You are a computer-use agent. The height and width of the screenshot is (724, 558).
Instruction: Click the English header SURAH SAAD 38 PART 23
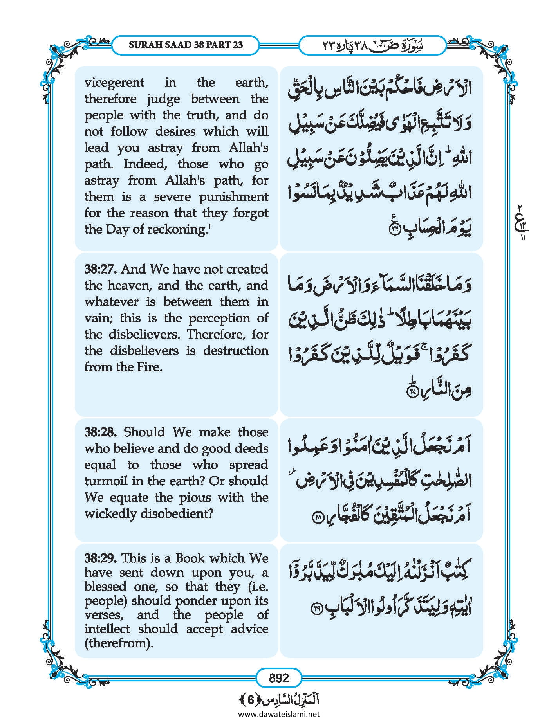pos(186,45)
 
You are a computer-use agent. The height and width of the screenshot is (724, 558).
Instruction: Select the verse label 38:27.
pos(101,269)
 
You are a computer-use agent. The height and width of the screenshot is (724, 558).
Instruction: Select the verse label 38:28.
pos(101,432)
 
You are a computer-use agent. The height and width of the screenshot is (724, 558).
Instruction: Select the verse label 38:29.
pos(101,558)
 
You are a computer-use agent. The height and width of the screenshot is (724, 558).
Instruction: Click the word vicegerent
pos(114,83)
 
